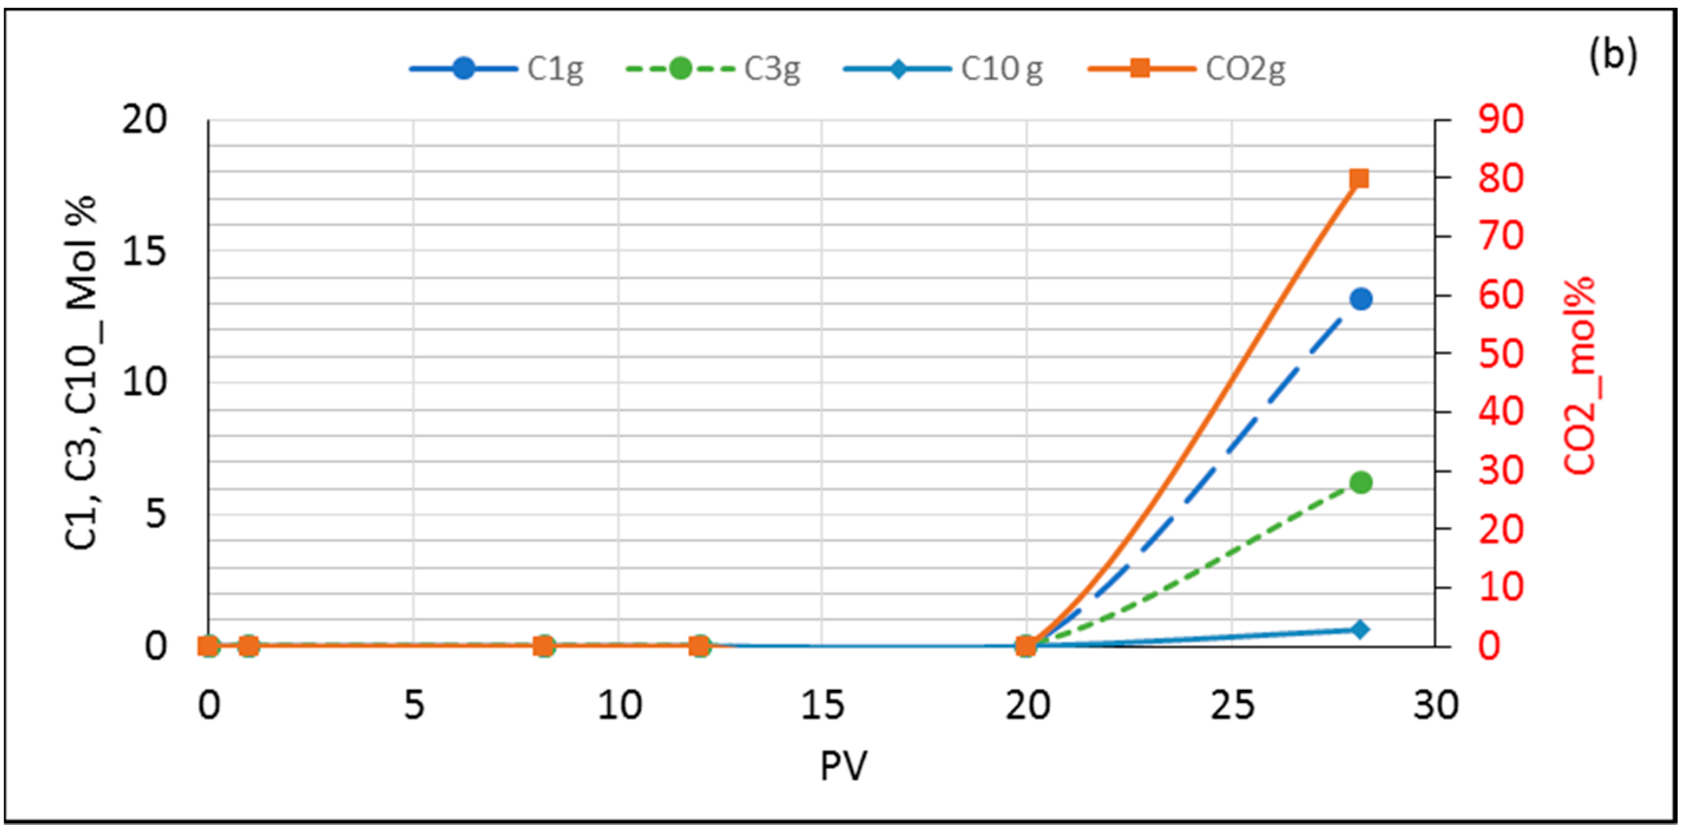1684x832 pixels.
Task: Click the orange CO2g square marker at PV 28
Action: click(x=1359, y=179)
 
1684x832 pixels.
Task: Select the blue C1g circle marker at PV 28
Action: click(x=1361, y=299)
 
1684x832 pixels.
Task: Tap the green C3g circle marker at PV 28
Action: click(x=1361, y=483)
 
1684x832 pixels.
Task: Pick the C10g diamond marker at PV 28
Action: click(x=1360, y=629)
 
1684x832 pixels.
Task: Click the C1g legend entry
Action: click(x=497, y=68)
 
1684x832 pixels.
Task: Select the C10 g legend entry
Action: click(x=943, y=68)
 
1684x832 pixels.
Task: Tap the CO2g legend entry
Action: click(x=1186, y=68)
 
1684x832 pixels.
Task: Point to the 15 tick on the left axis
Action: click(x=144, y=251)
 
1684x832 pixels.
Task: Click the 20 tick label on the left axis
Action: click(x=144, y=120)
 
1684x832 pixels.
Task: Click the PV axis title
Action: click(x=843, y=765)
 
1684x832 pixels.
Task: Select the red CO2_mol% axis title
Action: click(x=1580, y=375)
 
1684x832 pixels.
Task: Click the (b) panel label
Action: click(x=1613, y=55)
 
